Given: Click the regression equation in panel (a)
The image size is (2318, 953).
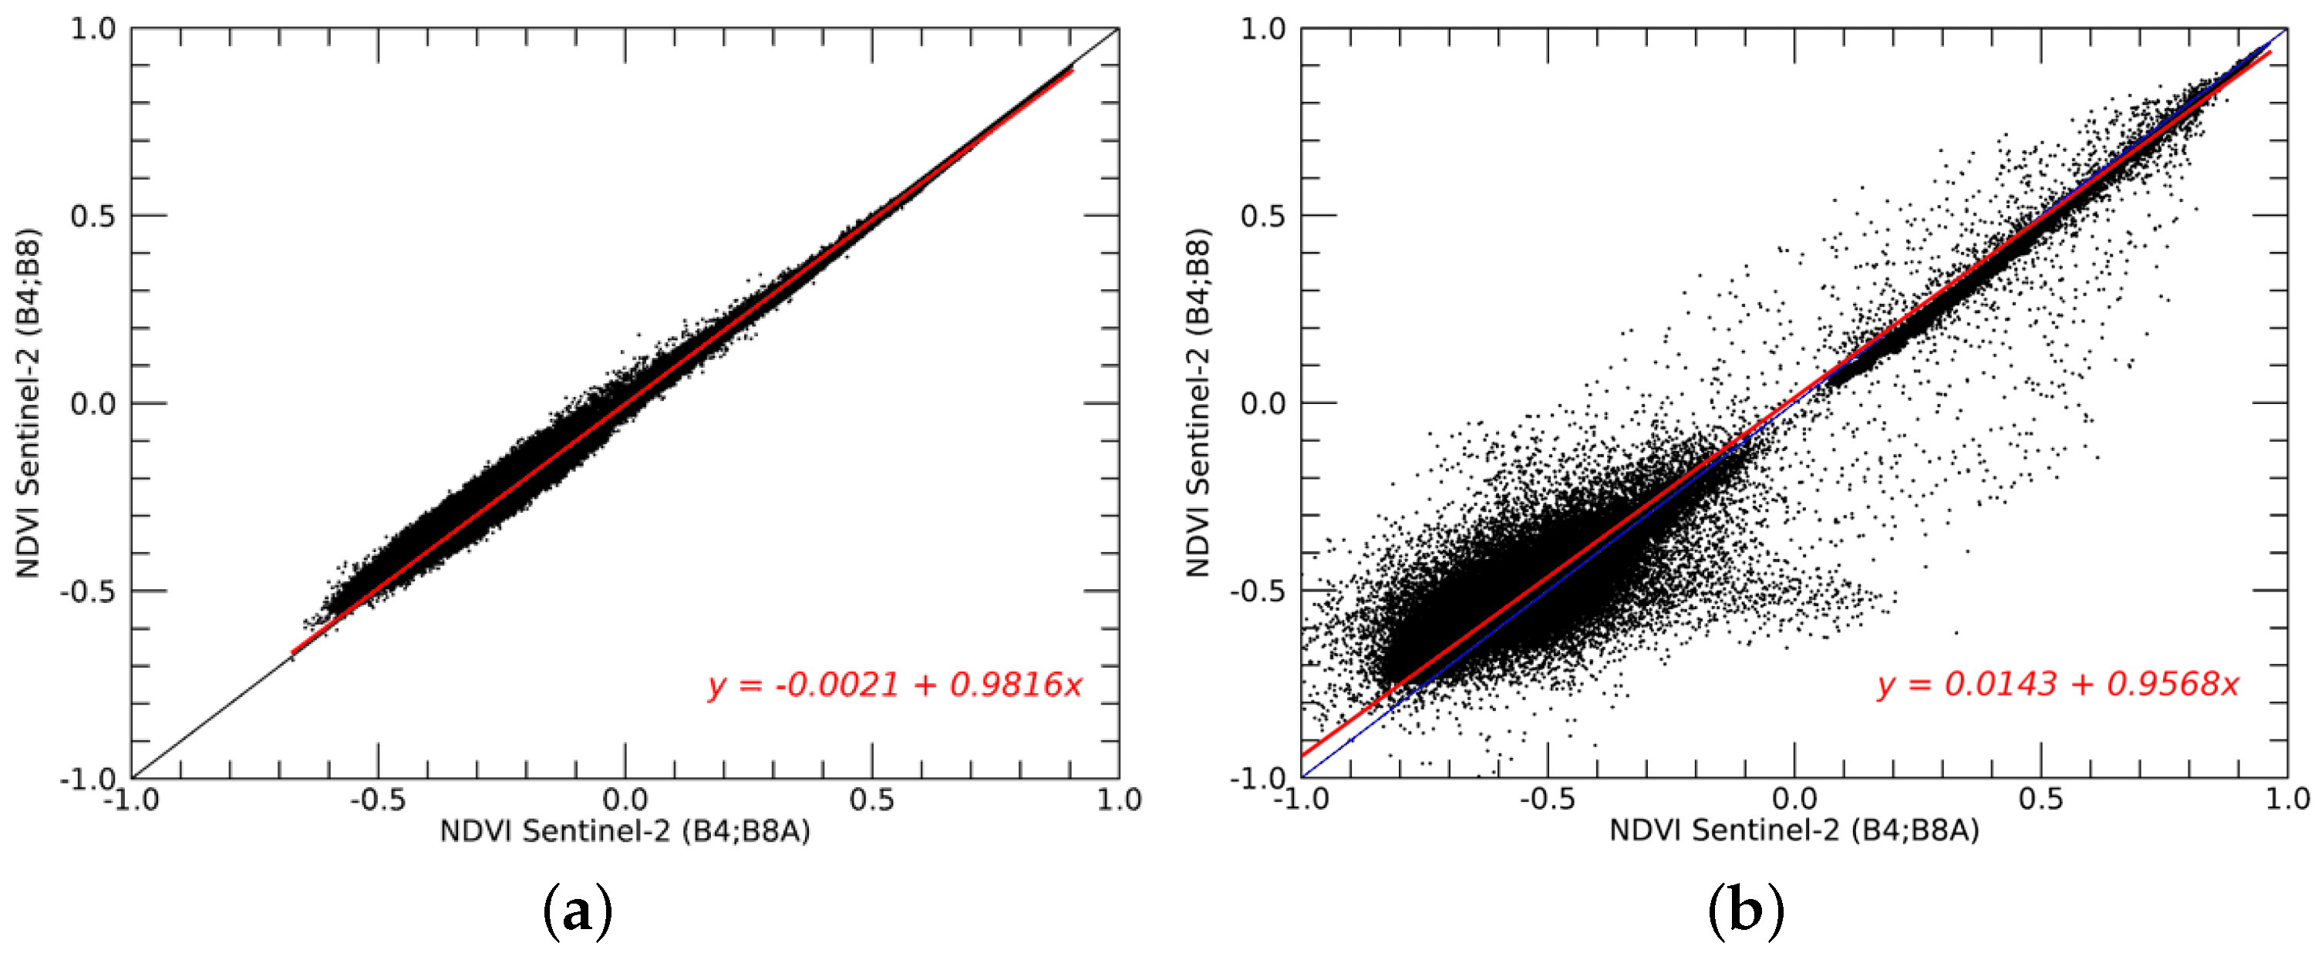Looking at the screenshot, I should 895,685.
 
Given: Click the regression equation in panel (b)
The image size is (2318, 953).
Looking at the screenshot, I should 2057,685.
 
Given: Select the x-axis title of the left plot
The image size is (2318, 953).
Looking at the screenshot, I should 625,830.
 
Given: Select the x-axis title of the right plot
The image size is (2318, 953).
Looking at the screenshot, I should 1794,830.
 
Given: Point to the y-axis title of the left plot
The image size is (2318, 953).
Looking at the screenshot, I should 28,403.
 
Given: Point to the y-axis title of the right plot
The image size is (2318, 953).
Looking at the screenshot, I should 1198,403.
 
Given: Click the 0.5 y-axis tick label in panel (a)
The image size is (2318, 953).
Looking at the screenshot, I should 93,216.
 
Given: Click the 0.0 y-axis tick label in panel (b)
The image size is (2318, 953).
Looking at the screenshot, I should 1262,403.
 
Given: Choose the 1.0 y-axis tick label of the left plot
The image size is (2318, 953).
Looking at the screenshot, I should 93,29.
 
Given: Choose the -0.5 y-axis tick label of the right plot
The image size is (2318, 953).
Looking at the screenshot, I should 1256,591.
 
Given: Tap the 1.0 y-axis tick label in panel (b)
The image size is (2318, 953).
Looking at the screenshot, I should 1262,29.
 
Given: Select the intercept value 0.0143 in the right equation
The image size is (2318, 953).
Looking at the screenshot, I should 2000,685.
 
